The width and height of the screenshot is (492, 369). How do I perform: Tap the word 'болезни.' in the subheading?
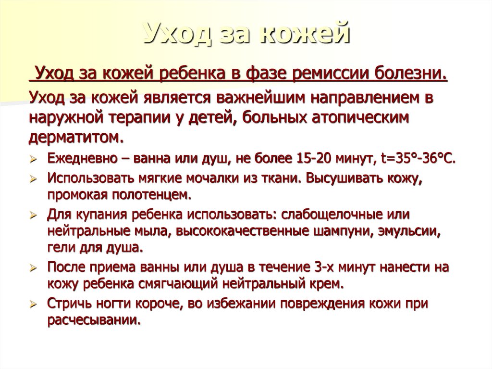(x=414, y=75)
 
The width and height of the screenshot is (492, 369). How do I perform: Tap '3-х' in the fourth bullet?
(x=324, y=267)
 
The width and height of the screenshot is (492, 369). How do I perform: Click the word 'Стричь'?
(x=68, y=304)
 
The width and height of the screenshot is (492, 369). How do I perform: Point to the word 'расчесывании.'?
(x=94, y=320)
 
